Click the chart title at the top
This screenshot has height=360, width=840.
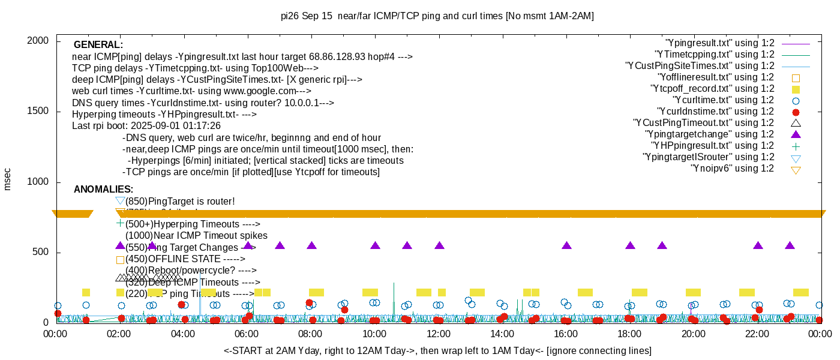coord(437,16)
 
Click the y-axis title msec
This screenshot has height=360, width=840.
coord(7,179)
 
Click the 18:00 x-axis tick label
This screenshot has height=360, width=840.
coord(629,335)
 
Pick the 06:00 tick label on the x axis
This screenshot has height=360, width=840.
coord(247,335)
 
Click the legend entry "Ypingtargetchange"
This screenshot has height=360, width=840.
coord(709,134)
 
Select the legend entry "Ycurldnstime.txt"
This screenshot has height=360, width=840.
coord(715,112)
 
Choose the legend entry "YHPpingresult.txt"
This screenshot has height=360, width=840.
coord(712,146)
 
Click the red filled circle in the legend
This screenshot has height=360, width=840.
coord(796,112)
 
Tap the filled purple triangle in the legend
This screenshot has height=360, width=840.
coord(796,134)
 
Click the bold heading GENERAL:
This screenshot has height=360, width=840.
coord(98,45)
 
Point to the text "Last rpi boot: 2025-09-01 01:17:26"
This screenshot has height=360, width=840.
coord(146,126)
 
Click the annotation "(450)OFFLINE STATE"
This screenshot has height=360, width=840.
coord(185,259)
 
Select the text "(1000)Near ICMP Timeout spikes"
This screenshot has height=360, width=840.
coord(196,236)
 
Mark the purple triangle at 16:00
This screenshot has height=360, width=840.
coord(566,246)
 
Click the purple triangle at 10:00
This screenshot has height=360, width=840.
coord(375,246)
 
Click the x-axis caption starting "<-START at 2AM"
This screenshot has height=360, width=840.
coord(437,350)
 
